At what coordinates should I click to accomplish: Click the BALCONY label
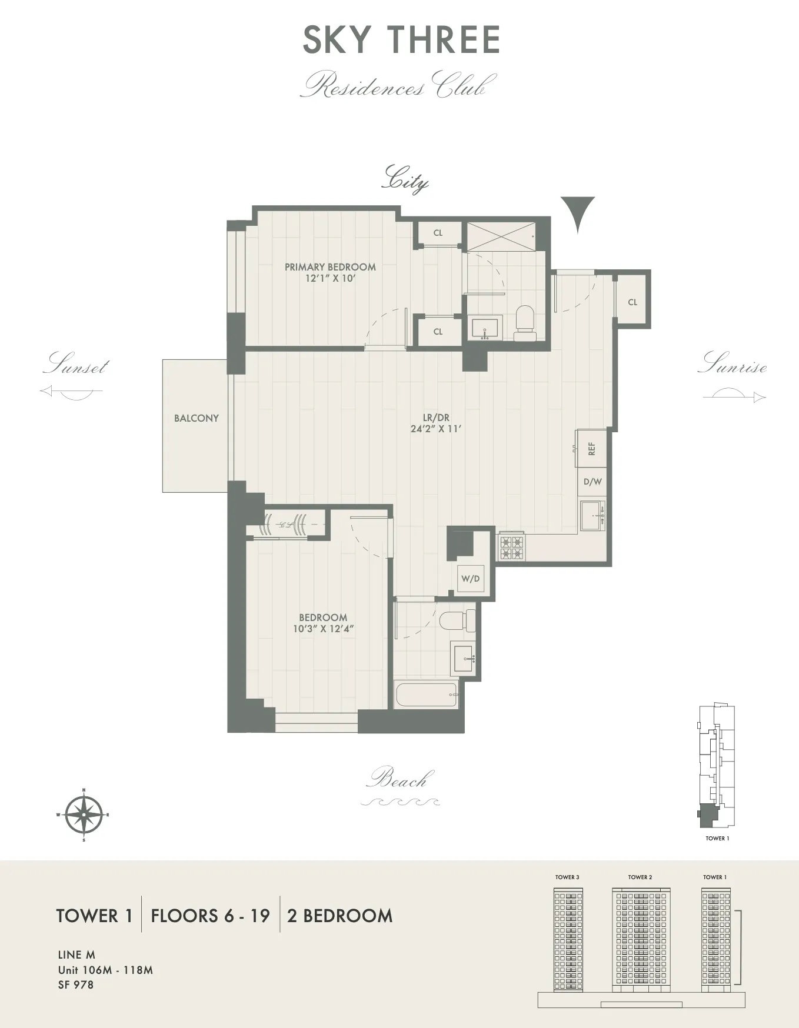(196, 418)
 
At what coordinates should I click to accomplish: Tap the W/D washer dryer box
(470, 579)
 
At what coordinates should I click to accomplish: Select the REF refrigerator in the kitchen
(591, 449)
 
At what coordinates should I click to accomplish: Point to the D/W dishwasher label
(592, 482)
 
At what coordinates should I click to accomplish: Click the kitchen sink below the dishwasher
(591, 515)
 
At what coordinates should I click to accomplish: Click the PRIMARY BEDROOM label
(330, 267)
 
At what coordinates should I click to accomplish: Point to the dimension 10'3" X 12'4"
(322, 629)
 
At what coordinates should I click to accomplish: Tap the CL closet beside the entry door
(632, 302)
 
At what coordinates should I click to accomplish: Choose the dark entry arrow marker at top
(577, 213)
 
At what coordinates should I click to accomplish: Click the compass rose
(84, 815)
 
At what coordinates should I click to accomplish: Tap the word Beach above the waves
(398, 779)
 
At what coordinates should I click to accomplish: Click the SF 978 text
(75, 984)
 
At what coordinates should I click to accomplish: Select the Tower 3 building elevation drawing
(567, 937)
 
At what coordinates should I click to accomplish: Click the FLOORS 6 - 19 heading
(210, 916)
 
